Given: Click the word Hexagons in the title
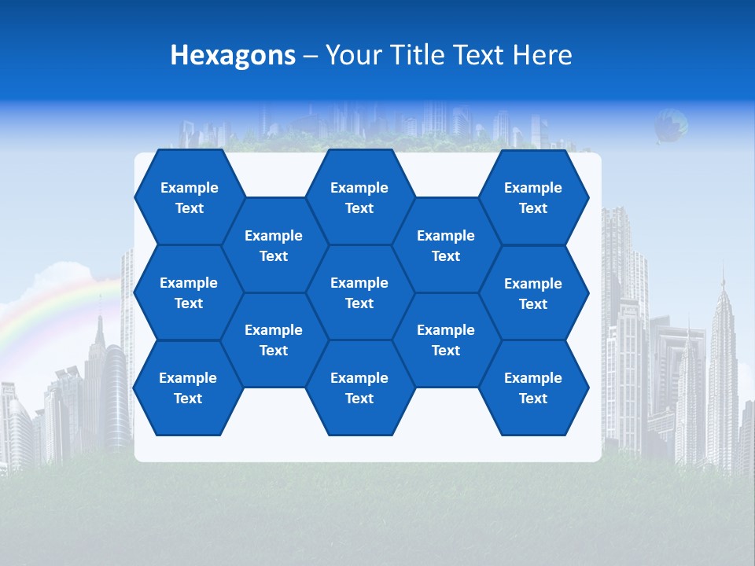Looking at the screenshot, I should coord(233,55).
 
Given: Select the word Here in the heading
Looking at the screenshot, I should coord(542,55).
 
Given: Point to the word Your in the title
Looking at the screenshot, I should coord(352,55).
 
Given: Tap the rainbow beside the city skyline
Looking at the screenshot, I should coord(47,307).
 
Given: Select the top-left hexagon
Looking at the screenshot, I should coord(189,197).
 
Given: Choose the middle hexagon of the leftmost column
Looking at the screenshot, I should coord(189,292).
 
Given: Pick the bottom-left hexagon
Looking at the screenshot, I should coord(188,388).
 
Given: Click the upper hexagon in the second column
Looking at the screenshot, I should coord(274,245).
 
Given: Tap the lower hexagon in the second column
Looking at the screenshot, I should coord(274,340).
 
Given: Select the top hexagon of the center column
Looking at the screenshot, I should coord(359,197).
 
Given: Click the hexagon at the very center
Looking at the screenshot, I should coord(359,292).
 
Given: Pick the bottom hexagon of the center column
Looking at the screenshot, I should coord(359,388).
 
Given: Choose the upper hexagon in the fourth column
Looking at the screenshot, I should coord(446,245).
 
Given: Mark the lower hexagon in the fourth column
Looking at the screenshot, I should coord(446,340).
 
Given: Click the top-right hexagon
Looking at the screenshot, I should coord(533,197).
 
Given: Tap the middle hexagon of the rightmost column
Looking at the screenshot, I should coord(533,293).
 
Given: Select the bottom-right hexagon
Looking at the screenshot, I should coord(533,388).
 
